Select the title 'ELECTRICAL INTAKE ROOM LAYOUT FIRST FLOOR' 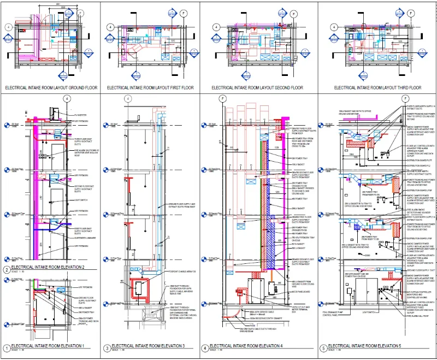pyautogui.click(x=150, y=87)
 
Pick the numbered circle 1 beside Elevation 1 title pyautogui.click(x=7, y=347)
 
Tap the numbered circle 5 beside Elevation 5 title pyautogui.click(x=323, y=347)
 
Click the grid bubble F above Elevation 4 pyautogui.click(x=223, y=99)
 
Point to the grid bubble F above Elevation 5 pyautogui.click(x=405, y=99)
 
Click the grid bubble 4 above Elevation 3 pyautogui.click(x=127, y=99)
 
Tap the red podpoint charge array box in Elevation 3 pyautogui.click(x=143, y=287)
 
